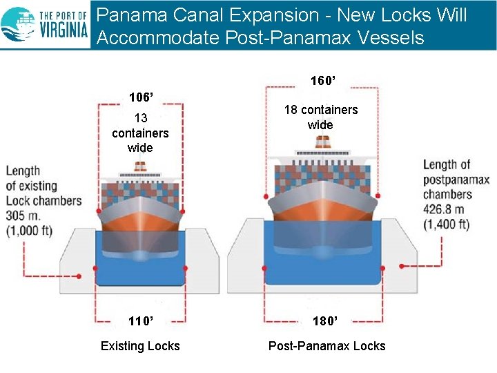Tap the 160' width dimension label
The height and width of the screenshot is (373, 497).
tap(322, 81)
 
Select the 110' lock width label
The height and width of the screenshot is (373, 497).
tap(141, 321)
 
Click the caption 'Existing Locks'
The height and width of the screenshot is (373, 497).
tap(140, 346)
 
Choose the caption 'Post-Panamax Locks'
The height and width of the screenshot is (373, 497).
tap(327, 346)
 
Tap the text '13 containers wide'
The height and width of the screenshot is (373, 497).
tap(140, 133)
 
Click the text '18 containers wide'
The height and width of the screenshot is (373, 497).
tap(321, 117)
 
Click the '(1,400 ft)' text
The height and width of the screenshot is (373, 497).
tap(446, 224)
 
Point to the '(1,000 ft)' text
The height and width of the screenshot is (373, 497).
tap(29, 231)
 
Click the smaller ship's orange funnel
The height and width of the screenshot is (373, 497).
tap(140, 166)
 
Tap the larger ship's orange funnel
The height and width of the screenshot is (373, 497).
tap(322, 142)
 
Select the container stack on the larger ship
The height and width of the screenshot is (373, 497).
tap(322, 177)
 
